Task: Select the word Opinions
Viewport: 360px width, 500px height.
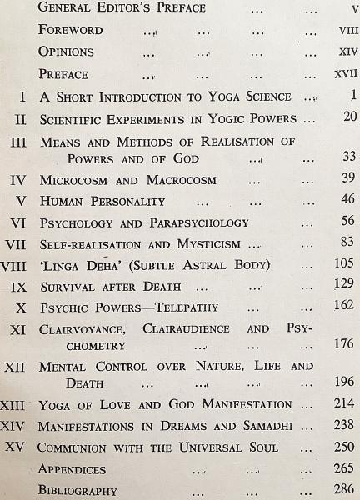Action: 66,52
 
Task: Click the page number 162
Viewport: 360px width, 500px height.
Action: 344,307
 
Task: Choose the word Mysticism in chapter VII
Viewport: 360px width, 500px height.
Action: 206,244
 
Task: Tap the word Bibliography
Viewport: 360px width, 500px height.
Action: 77,490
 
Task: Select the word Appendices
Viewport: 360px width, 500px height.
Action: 72,469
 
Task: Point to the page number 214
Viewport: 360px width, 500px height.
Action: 344,404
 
